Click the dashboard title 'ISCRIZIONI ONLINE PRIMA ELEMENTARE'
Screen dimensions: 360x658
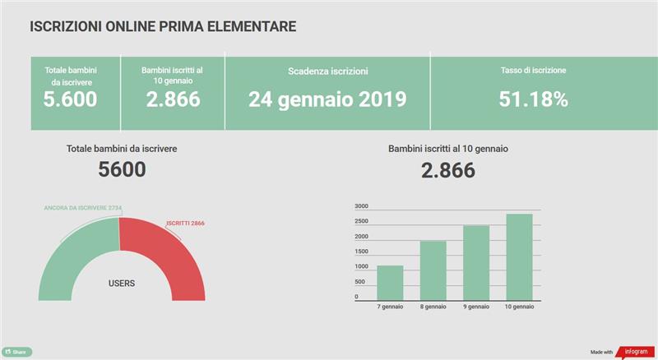click(163, 27)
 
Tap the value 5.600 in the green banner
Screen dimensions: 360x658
click(70, 99)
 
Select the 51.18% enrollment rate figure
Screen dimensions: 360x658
click(534, 99)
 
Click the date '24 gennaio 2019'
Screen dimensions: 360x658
click(327, 99)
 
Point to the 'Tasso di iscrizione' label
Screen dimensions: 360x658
click(534, 71)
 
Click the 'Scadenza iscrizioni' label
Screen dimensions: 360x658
click(327, 72)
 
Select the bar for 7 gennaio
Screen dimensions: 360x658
click(390, 283)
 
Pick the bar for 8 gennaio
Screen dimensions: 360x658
click(433, 270)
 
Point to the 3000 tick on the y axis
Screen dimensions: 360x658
click(362, 206)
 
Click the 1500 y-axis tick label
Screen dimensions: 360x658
click(362, 252)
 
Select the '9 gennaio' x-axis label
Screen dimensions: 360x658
click(476, 307)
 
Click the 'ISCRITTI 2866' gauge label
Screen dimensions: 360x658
click(185, 224)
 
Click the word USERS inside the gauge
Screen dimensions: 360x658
click(122, 284)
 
